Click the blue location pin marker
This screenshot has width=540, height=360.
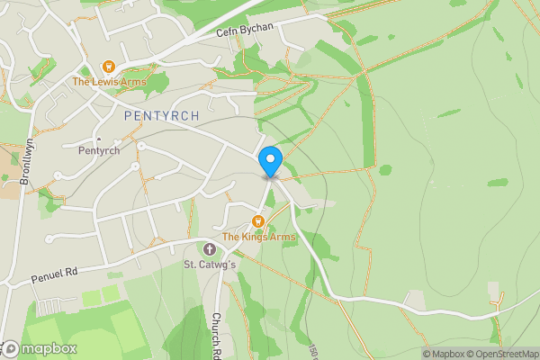tap(270, 161)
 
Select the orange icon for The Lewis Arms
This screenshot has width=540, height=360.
tap(109, 66)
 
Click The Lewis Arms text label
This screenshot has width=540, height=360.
tap(109, 82)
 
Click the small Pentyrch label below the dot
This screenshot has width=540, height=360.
tap(99, 150)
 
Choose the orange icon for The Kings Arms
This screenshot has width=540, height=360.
tap(258, 221)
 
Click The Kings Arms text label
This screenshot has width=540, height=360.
tap(258, 237)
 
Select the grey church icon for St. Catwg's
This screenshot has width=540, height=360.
tap(210, 248)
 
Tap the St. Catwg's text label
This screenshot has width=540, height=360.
tap(210, 265)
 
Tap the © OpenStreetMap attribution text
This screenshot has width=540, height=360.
tap(504, 354)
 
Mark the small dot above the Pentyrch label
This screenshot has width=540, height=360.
tap(99, 139)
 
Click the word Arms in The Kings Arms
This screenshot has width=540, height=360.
tap(281, 237)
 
